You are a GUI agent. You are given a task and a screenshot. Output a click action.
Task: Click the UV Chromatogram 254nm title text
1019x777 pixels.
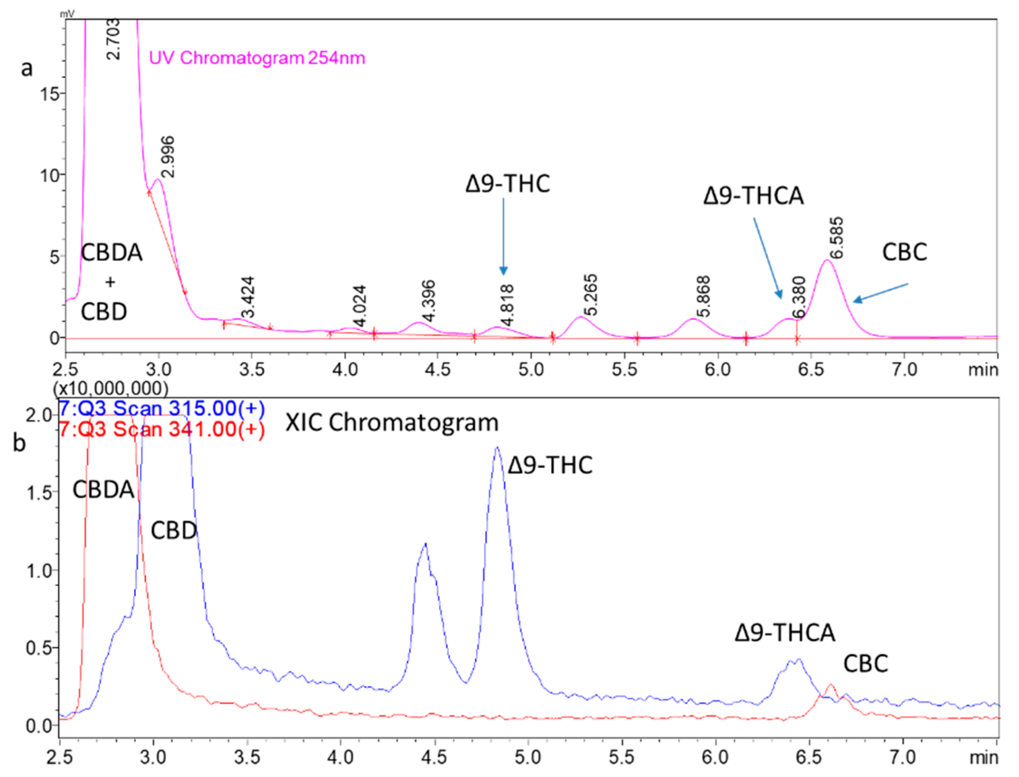tap(257, 58)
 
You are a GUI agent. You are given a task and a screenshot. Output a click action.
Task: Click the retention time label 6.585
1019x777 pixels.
tap(836, 238)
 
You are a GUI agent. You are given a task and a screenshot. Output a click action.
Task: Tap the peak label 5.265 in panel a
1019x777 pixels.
tap(590, 295)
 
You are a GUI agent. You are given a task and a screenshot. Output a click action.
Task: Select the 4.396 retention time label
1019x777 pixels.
tap(428, 301)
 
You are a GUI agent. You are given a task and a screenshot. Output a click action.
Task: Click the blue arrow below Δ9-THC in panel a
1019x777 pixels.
tap(504, 236)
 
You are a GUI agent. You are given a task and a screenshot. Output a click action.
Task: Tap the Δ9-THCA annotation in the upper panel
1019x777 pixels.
tap(753, 196)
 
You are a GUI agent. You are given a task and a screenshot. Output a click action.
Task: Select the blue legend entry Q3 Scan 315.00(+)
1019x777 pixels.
tap(162, 408)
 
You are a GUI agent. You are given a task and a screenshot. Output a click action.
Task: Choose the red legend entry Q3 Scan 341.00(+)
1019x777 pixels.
tap(162, 429)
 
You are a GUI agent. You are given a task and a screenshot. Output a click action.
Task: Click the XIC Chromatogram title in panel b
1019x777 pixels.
tap(392, 423)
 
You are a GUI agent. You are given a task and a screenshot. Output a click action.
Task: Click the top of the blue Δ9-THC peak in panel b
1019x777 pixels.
tap(498, 448)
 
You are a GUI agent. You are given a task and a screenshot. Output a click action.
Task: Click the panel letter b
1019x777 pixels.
tap(19, 443)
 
